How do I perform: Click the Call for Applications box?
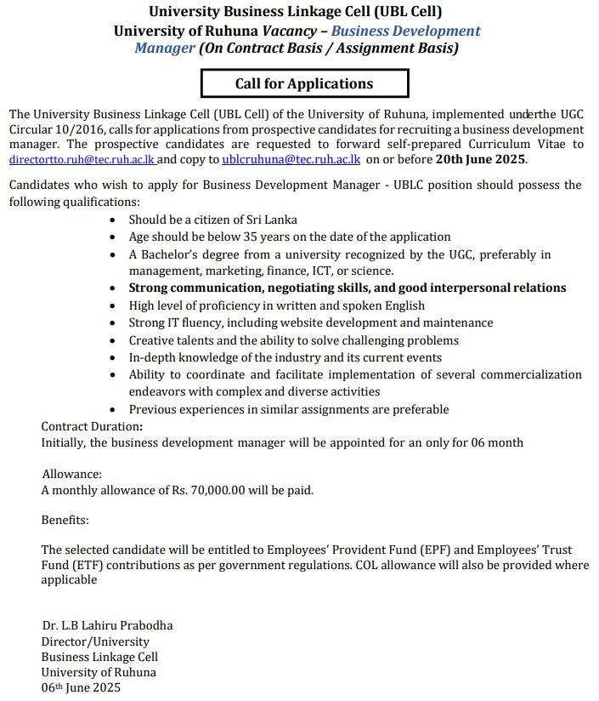click(304, 83)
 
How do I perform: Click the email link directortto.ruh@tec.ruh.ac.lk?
click(82, 159)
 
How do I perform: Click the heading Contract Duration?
click(92, 426)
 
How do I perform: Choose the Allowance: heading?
click(72, 473)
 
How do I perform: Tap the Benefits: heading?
click(65, 520)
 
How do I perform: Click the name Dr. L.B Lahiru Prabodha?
click(107, 625)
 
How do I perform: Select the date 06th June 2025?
click(82, 687)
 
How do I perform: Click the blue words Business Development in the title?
click(405, 31)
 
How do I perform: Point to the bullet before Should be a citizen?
click(116, 219)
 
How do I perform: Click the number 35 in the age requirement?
click(251, 237)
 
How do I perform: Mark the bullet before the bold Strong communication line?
click(116, 288)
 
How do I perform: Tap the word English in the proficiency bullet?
click(402, 305)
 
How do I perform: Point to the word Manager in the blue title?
click(165, 48)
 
